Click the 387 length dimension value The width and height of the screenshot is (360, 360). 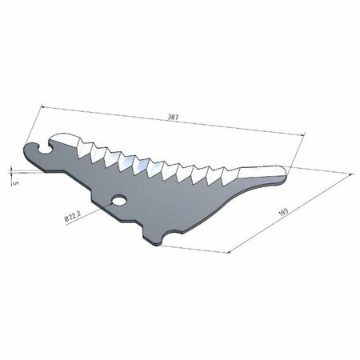point(173,117)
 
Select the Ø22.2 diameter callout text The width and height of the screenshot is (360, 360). point(72,215)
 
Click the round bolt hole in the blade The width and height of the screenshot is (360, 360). point(119,200)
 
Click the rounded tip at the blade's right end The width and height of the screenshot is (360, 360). point(283,174)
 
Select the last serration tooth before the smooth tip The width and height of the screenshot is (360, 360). point(230,176)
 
